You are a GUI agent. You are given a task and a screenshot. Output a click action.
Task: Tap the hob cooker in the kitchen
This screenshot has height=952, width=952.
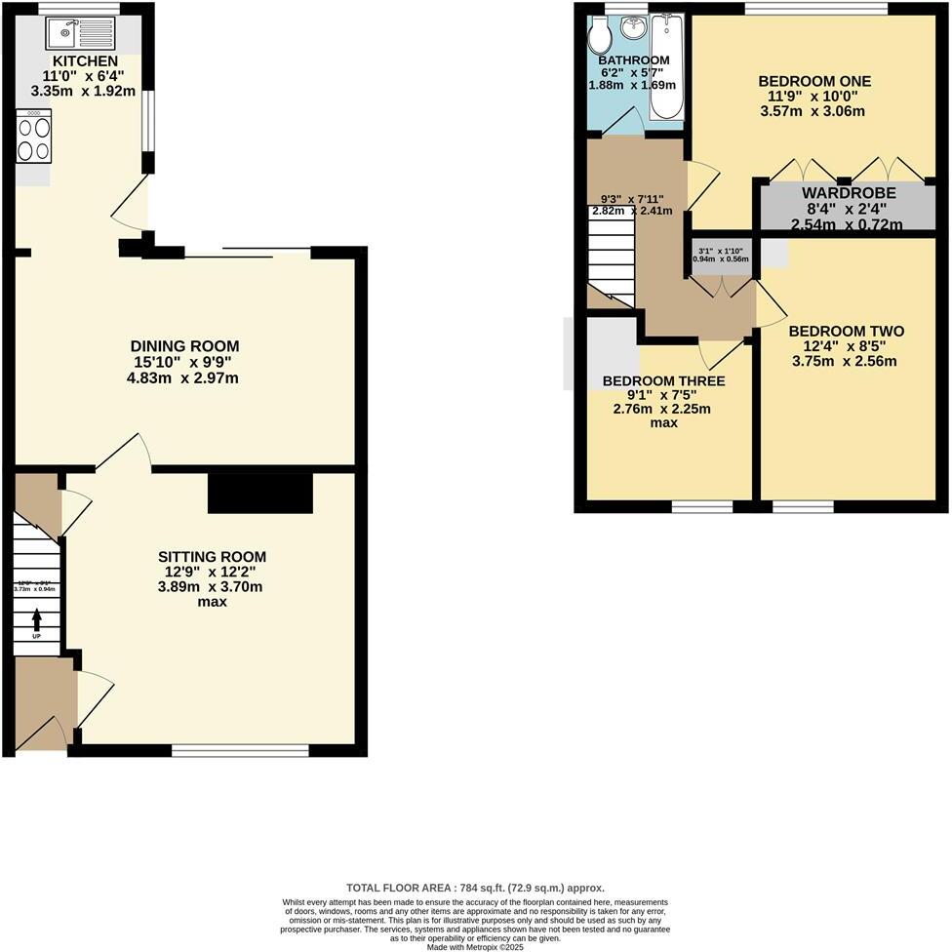pyautogui.click(x=33, y=138)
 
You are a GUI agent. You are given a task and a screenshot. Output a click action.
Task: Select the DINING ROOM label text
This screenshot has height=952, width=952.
pyautogui.click(x=185, y=346)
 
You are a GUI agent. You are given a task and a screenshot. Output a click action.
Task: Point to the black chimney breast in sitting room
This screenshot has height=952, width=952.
pyautogui.click(x=260, y=493)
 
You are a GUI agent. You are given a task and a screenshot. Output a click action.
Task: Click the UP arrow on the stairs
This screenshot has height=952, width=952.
pyautogui.click(x=37, y=618)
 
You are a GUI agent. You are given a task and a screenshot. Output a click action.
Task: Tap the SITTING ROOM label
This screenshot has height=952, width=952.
pyautogui.click(x=212, y=557)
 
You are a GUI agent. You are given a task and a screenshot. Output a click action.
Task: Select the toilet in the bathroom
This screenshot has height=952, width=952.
pyautogui.click(x=599, y=36)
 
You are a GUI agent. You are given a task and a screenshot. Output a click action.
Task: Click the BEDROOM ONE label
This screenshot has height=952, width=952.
pyautogui.click(x=814, y=81)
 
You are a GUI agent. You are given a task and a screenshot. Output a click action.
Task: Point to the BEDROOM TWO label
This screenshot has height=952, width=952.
pyautogui.click(x=847, y=332)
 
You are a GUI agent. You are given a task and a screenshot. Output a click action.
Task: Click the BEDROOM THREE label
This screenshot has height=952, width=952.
pyautogui.click(x=662, y=380)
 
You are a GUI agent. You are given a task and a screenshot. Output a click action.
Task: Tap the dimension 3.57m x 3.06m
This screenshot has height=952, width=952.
pyautogui.click(x=814, y=111)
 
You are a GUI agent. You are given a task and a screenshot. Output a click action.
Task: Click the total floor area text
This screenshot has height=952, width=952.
pyautogui.click(x=475, y=888)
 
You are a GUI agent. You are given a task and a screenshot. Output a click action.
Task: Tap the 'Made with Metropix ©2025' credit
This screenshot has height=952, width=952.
pyautogui.click(x=475, y=946)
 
